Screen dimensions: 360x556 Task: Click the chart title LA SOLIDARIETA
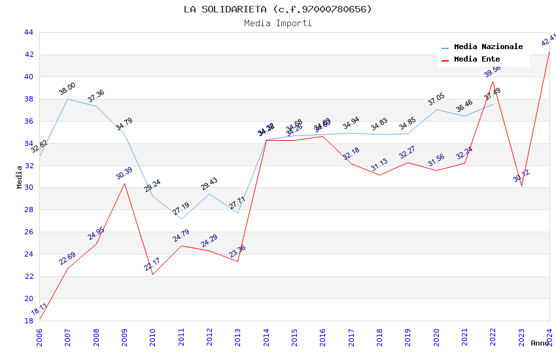277,9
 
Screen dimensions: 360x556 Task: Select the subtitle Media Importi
277,24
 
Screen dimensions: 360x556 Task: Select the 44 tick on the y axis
28,33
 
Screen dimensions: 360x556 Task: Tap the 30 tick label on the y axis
28,188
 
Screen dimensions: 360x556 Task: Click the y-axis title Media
20,177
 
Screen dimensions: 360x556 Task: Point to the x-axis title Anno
540,343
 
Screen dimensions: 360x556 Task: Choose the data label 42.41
548,40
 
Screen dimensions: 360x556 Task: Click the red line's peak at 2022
493,81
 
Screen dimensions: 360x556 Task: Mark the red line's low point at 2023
521,186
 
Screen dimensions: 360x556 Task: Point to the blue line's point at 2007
67,99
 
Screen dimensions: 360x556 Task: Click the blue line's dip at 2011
181,219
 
